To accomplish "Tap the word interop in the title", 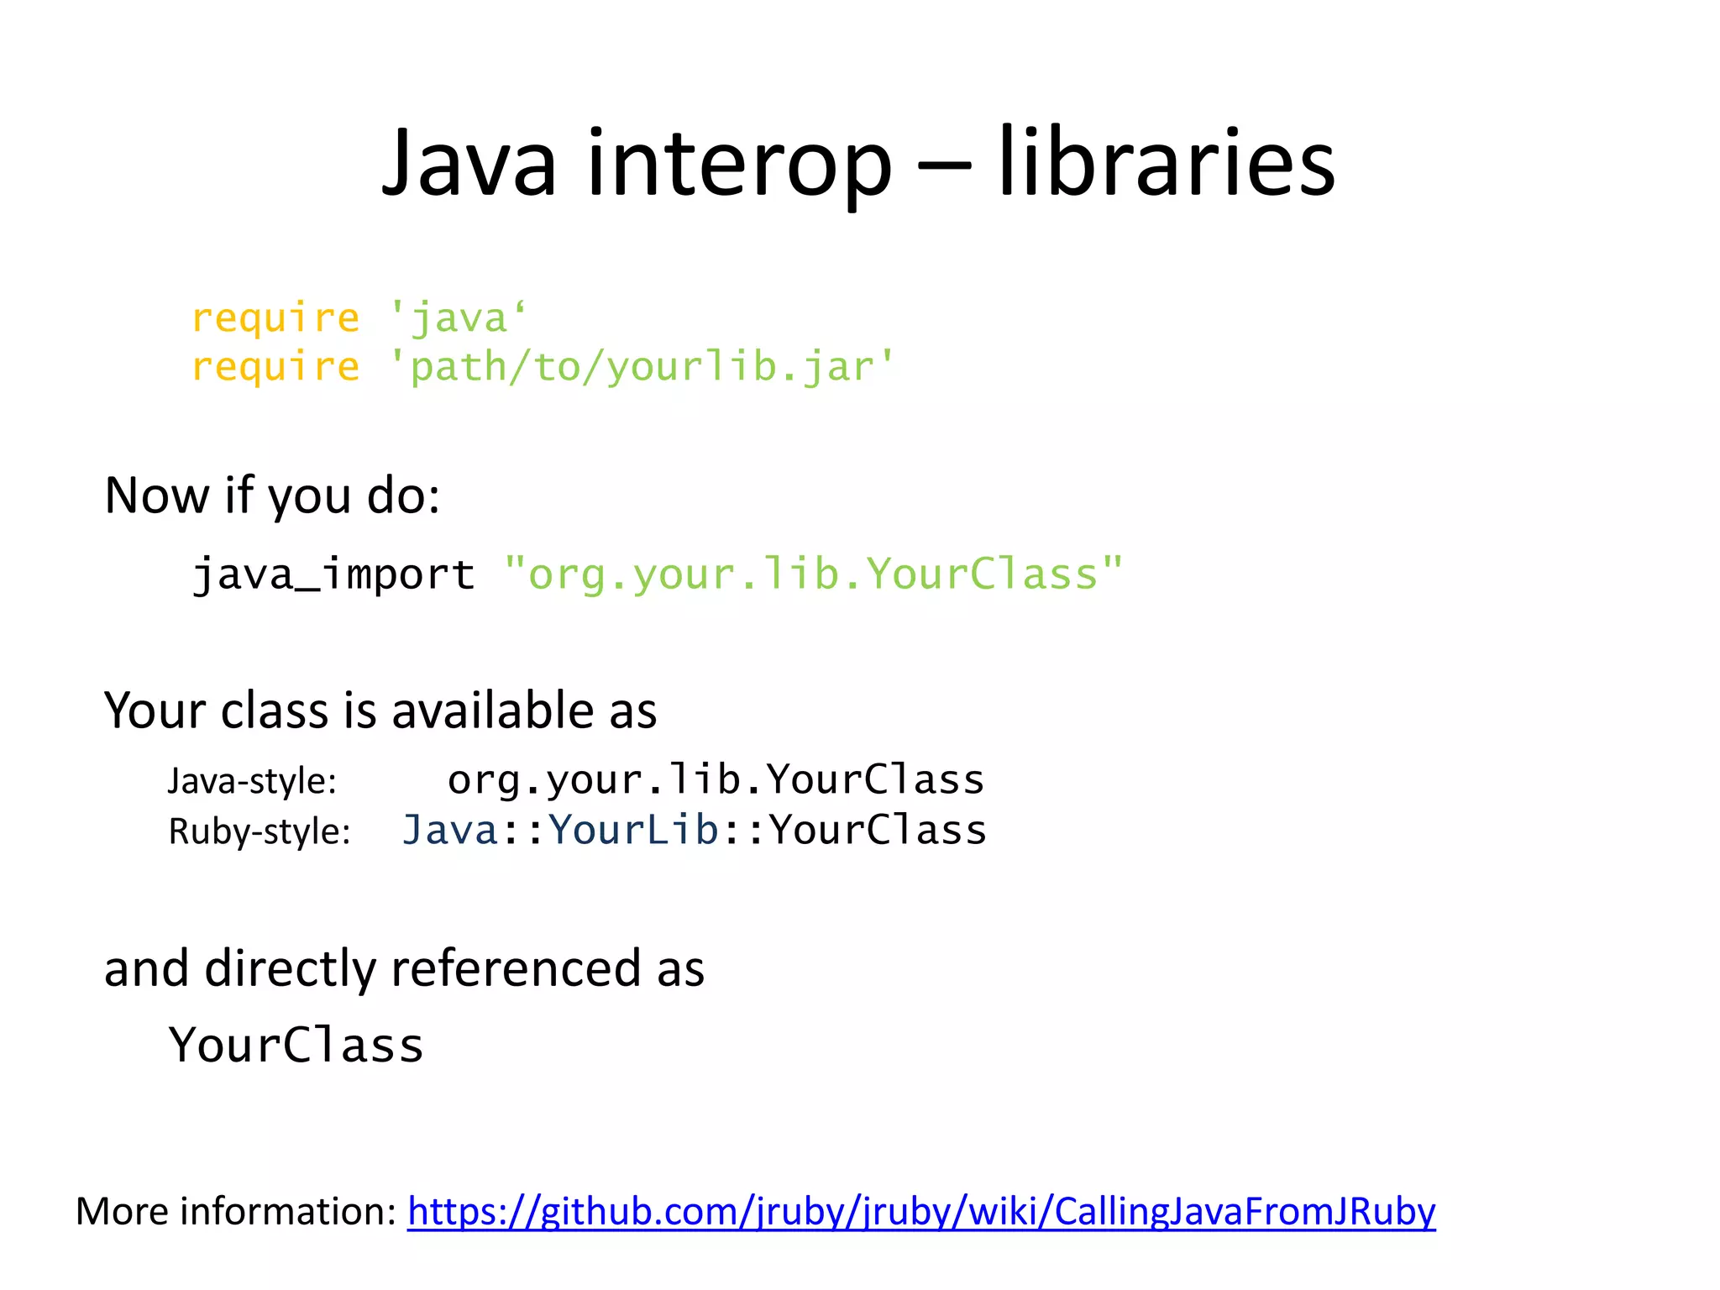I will [x=738, y=164].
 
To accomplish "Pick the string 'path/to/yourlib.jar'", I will [x=642, y=368].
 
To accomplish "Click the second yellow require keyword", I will [x=275, y=368].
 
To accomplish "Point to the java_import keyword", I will [x=333, y=575].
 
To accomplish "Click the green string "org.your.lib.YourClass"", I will [x=813, y=575].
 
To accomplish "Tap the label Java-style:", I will [x=252, y=781].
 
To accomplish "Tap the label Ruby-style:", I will [x=259, y=831].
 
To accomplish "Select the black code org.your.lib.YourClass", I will [x=716, y=779].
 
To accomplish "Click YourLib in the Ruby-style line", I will [x=633, y=830].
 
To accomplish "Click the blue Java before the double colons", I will [x=450, y=830].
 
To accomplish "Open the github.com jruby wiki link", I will [x=921, y=1212].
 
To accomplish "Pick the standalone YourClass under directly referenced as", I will [x=296, y=1046].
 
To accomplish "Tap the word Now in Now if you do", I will [x=156, y=496].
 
